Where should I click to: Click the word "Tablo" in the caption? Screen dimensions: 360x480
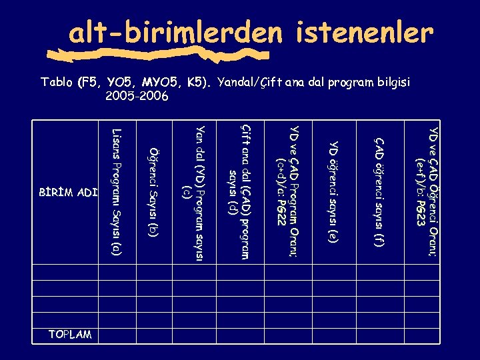coord(57,83)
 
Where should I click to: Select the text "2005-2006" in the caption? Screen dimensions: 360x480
coord(137,96)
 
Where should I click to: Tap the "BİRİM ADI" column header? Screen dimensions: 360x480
coord(69,193)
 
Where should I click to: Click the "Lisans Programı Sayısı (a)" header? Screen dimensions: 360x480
coord(117,193)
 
